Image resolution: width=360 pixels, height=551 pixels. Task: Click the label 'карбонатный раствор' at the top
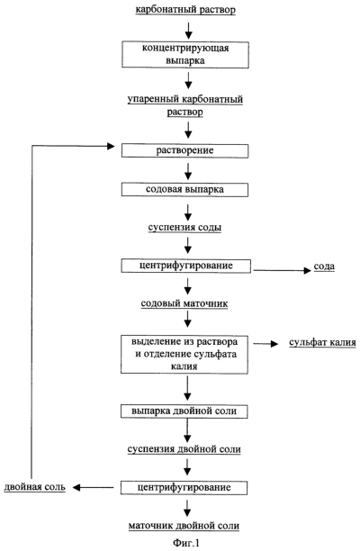[x=185, y=10]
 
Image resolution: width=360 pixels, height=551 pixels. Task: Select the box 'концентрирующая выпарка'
[x=185, y=55]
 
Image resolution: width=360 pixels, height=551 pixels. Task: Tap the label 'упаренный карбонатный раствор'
[x=185, y=105]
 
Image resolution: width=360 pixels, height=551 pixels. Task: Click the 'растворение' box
[x=184, y=150]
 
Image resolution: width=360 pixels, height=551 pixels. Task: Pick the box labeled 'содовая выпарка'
[x=184, y=190]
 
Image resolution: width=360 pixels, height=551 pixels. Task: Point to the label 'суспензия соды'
[x=184, y=228]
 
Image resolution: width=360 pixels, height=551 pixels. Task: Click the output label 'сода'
[x=324, y=266]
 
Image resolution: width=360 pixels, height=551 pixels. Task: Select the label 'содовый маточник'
[x=184, y=303]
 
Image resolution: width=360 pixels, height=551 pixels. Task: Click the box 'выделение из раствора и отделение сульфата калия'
[x=184, y=354]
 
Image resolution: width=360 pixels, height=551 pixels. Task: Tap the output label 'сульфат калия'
[x=322, y=343]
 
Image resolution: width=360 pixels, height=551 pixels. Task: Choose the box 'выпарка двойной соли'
[x=184, y=411]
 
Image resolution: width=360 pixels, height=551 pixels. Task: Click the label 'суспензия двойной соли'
[x=184, y=449]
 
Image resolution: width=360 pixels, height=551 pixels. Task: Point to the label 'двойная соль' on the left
[x=35, y=487]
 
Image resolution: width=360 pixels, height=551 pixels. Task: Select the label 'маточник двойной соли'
[x=184, y=526]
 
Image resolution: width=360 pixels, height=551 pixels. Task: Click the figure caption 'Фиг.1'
[x=186, y=543]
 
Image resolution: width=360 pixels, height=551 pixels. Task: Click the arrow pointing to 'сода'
[x=283, y=270]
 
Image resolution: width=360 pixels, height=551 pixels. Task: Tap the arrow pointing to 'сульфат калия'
[x=265, y=344]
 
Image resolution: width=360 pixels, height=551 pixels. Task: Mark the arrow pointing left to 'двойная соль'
[x=93, y=487]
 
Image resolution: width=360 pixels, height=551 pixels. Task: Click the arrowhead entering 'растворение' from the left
[x=111, y=146]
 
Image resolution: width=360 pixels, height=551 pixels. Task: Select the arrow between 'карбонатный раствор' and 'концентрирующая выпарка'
[x=189, y=31]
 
